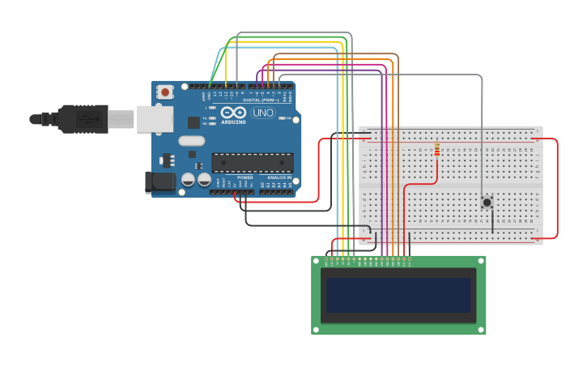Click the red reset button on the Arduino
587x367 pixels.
(x=166, y=92)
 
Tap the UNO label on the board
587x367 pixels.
(x=263, y=113)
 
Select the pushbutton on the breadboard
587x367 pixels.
(x=487, y=203)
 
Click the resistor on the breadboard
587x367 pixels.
(x=437, y=150)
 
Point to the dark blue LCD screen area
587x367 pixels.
(x=398, y=295)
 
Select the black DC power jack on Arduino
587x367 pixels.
(x=160, y=181)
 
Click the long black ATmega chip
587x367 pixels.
(x=252, y=161)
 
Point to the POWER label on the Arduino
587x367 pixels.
(x=245, y=177)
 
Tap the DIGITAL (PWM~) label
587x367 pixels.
(x=258, y=100)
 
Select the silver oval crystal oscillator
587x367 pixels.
(x=192, y=141)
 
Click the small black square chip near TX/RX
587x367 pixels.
(x=194, y=122)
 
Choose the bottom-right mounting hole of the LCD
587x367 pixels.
(x=481, y=329)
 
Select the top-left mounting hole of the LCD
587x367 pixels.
(x=317, y=261)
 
